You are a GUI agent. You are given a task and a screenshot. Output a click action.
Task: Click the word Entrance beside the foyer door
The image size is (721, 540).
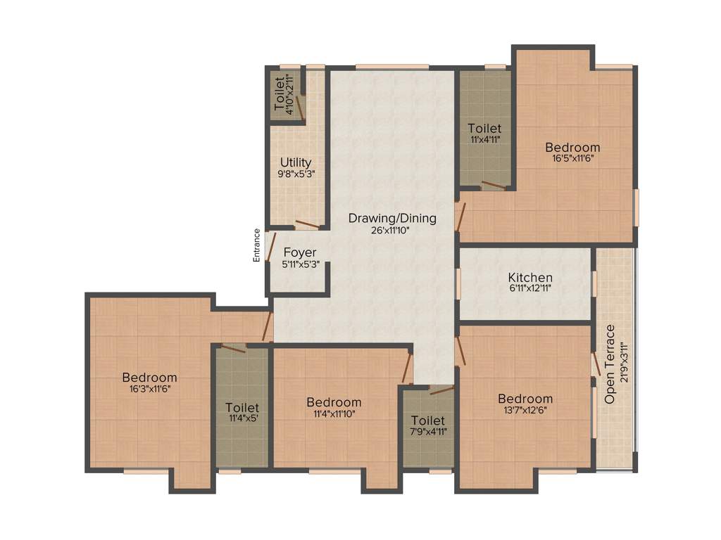coord(257,245)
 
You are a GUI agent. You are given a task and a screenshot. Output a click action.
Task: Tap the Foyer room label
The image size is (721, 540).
coord(300,252)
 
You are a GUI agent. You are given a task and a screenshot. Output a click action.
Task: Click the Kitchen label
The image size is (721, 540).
coord(530,278)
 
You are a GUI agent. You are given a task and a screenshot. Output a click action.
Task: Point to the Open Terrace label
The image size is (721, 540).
coord(610,364)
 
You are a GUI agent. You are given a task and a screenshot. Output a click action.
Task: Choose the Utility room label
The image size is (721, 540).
coord(296,163)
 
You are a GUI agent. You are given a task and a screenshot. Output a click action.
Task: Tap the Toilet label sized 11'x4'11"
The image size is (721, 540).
coord(484,129)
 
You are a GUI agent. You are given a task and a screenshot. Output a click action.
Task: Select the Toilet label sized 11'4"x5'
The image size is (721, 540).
coord(242,408)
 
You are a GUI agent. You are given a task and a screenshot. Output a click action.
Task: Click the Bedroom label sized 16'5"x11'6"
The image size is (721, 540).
coord(572,148)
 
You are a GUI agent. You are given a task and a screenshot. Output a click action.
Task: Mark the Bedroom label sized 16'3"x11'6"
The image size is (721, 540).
coord(149,378)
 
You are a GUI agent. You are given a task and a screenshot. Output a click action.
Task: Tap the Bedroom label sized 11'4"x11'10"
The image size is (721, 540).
coord(334,402)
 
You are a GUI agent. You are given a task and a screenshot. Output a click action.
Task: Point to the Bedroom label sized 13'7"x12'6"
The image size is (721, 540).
coord(525,399)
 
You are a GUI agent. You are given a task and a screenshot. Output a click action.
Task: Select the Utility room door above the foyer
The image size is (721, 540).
coord(307,225)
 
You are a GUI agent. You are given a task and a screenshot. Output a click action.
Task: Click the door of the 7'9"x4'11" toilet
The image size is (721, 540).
coord(442,390)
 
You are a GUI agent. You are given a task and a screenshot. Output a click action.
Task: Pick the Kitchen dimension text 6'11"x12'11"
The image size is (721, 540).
coord(530,289)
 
